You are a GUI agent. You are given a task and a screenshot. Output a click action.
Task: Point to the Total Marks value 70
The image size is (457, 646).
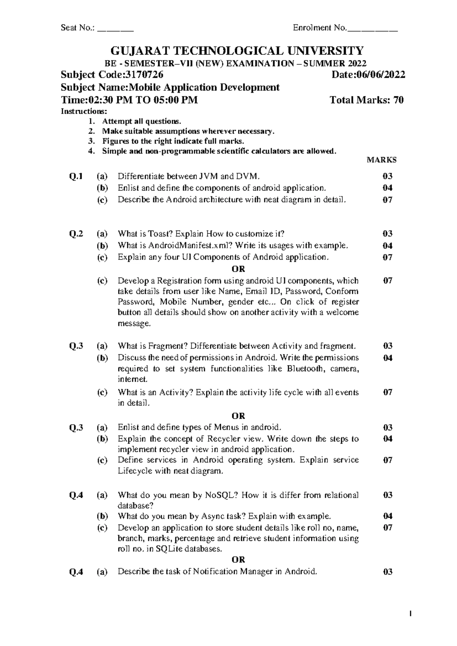[399, 100]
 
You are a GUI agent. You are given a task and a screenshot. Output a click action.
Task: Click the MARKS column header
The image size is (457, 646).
[382, 160]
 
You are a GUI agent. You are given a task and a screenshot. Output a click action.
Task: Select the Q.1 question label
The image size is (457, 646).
[76, 176]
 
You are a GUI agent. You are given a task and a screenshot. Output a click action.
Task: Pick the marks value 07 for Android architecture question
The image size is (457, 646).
[388, 200]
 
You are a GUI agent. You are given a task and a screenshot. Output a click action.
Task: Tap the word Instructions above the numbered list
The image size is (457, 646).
[84, 112]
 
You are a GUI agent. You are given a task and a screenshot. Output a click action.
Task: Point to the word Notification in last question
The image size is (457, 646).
[214, 571]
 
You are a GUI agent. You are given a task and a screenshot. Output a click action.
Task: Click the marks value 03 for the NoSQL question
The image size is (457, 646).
[388, 495]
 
